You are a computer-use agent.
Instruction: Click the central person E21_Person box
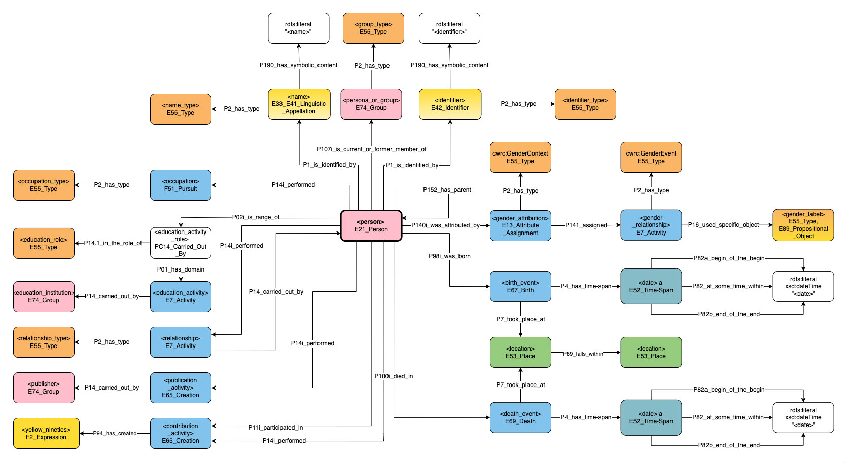click(x=371, y=226)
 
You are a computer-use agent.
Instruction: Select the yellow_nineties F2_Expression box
click(x=46, y=433)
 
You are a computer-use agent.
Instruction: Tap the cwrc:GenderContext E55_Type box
click(x=520, y=157)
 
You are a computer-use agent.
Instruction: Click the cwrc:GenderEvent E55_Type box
click(x=651, y=157)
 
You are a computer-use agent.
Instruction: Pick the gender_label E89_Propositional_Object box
click(x=803, y=225)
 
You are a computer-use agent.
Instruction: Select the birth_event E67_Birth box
click(x=520, y=286)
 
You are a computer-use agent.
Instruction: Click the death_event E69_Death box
click(x=520, y=417)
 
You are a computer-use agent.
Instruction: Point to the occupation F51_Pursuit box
click(x=181, y=185)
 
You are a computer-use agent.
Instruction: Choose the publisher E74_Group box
click(x=44, y=388)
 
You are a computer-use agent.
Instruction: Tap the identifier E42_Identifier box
click(x=450, y=104)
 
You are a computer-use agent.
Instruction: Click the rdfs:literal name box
click(x=298, y=28)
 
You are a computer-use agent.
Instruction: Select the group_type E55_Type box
click(x=373, y=28)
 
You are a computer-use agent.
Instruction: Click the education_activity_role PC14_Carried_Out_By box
click(x=181, y=243)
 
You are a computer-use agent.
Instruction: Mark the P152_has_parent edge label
click(x=447, y=190)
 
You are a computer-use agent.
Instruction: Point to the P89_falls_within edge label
click(x=583, y=354)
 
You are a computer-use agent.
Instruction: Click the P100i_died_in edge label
click(x=394, y=376)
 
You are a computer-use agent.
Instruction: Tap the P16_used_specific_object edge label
click(x=723, y=225)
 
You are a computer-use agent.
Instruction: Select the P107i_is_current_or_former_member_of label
click(x=371, y=149)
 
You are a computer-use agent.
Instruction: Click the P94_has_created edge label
click(x=115, y=433)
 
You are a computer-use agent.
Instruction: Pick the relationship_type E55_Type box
click(x=44, y=342)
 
